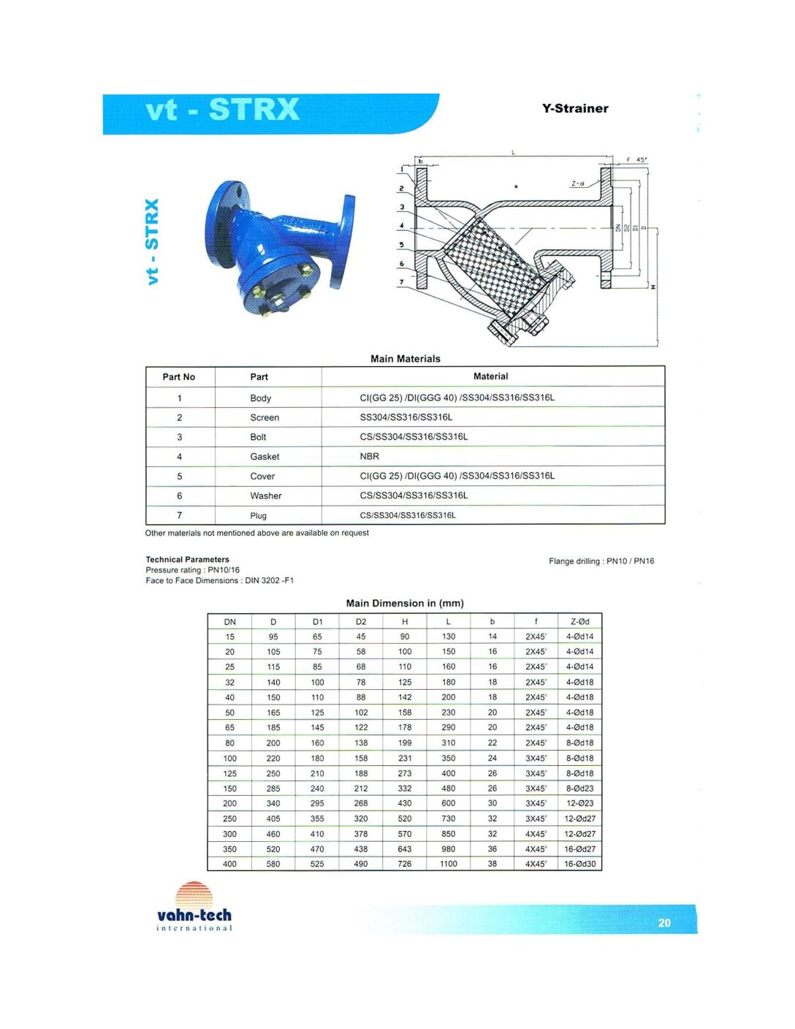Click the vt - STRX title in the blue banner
(223, 110)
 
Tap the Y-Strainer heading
(575, 108)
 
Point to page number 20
(663, 922)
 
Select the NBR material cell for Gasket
(370, 456)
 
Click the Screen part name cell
(265, 417)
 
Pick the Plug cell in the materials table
(259, 515)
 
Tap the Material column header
(490, 376)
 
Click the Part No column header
(179, 377)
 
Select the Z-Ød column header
(579, 622)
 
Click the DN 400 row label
(229, 864)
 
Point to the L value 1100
(449, 864)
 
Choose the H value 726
(405, 864)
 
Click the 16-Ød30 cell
(579, 864)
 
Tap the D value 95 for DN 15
(273, 637)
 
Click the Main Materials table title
(405, 359)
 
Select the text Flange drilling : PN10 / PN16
(601, 561)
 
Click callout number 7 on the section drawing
(401, 281)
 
